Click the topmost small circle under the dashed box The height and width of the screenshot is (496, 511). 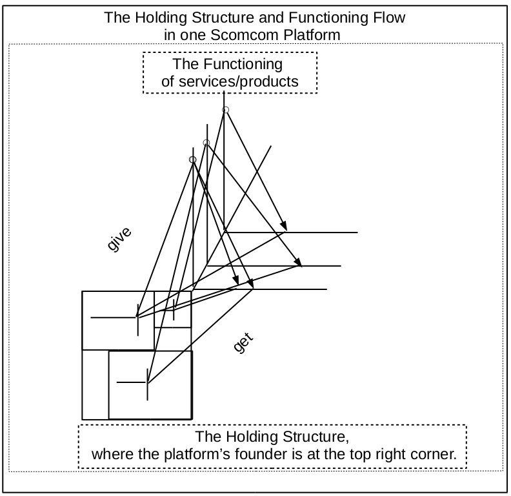click(225, 110)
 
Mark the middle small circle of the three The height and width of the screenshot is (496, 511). click(206, 143)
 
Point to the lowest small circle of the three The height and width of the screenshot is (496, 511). click(192, 160)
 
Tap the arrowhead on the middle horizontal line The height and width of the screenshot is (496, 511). click(298, 262)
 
